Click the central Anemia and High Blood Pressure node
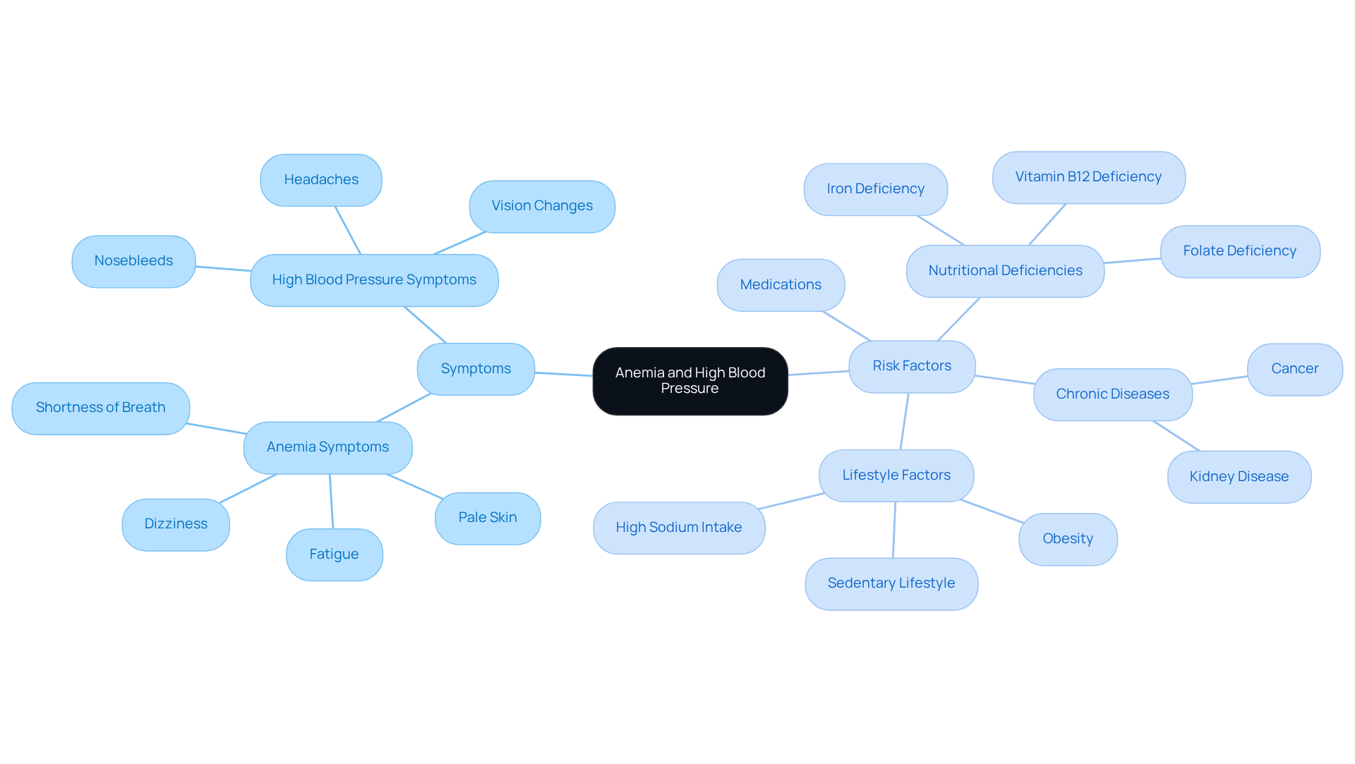coord(689,381)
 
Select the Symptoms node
coord(476,369)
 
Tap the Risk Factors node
coord(912,366)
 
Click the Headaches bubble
coord(321,180)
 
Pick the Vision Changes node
coord(542,206)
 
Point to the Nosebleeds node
coord(133,261)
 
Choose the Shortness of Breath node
coord(101,408)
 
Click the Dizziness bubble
coord(176,524)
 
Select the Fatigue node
coord(334,554)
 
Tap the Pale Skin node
coord(488,518)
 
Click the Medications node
coord(781,285)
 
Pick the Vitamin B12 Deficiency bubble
coord(1088,177)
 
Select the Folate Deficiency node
coord(1239,251)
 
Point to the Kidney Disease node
coord(1239,477)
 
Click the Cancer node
coord(1294,369)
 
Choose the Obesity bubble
coord(1068,539)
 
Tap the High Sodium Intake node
coord(679,528)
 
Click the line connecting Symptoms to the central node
coord(564,374)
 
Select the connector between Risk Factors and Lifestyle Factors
coord(905,421)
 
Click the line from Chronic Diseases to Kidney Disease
coord(1176,436)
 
